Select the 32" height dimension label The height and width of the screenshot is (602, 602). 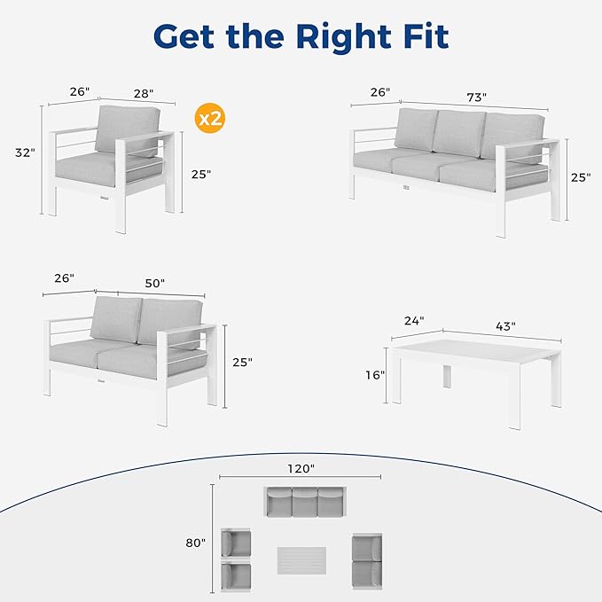[25, 152]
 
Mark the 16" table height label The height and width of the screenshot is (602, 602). [374, 375]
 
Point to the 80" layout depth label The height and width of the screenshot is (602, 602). [195, 542]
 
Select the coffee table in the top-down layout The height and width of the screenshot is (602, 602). [301, 559]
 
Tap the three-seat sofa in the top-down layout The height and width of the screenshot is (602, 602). [303, 501]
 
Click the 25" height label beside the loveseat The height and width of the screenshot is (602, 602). [241, 362]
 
